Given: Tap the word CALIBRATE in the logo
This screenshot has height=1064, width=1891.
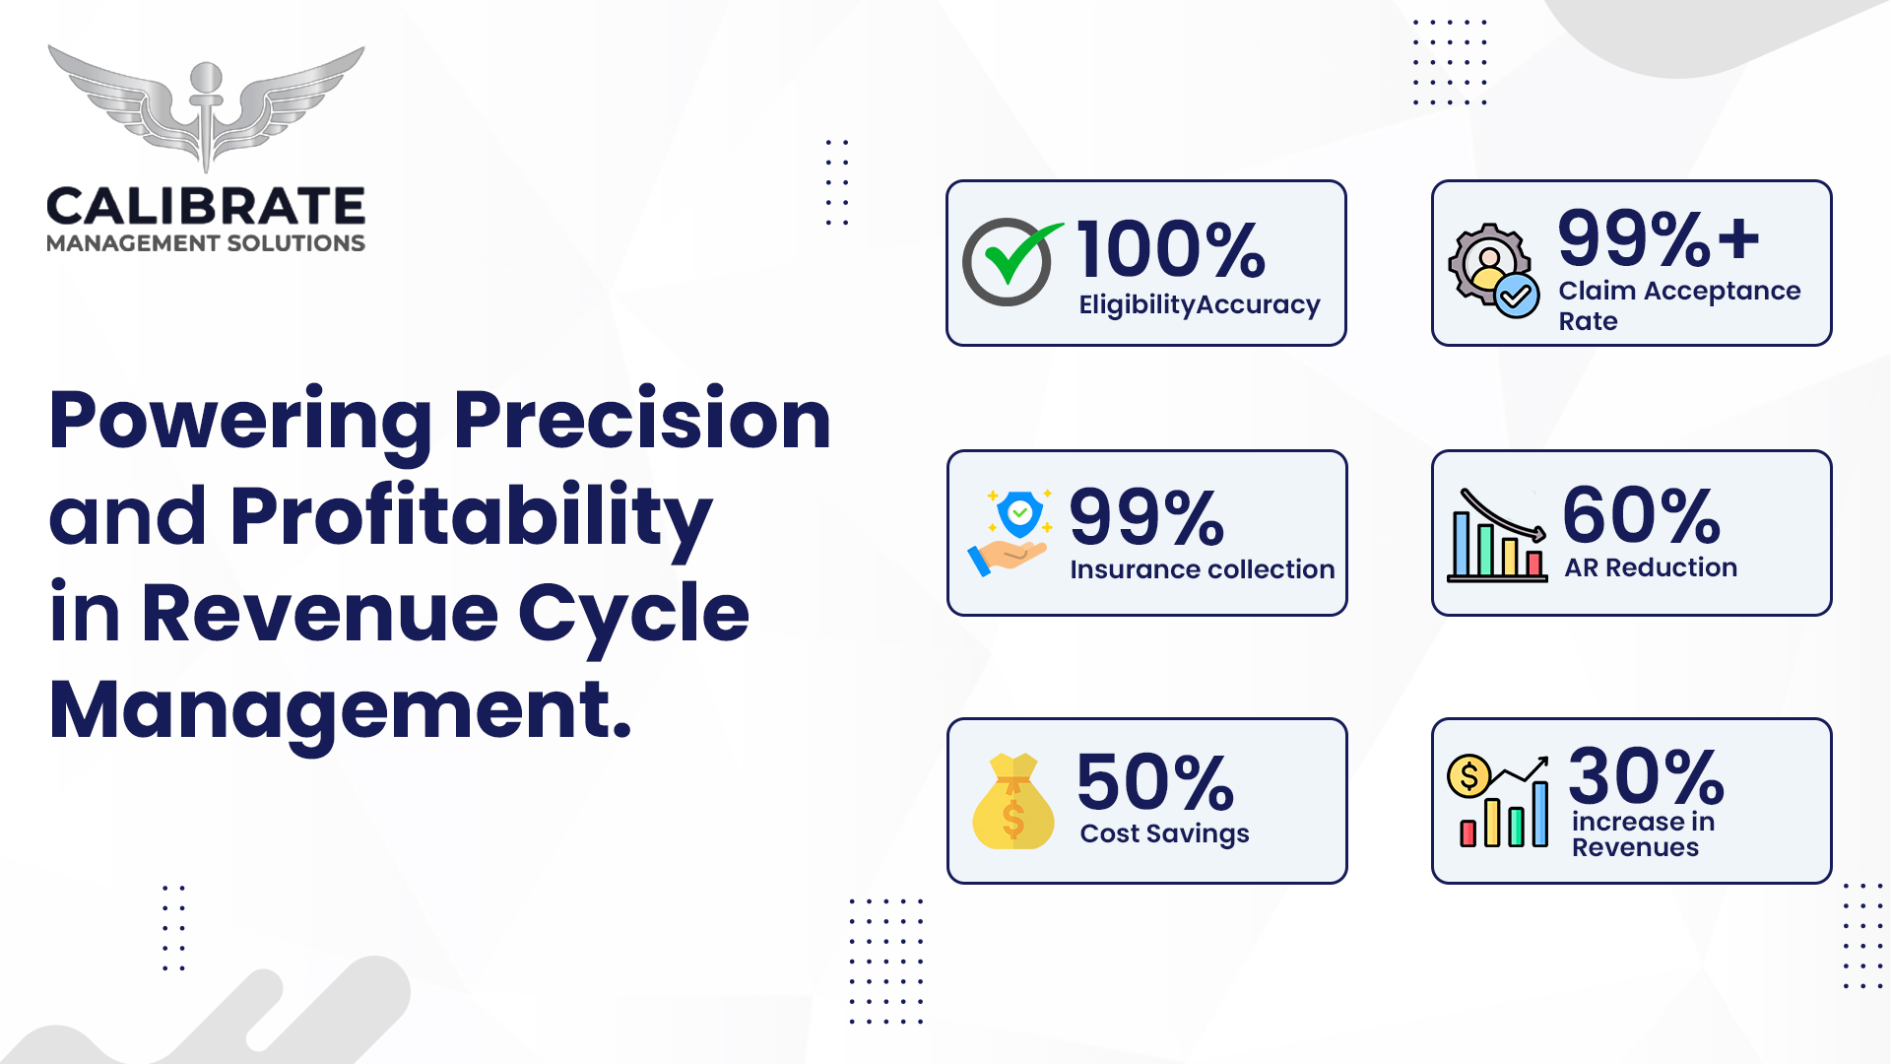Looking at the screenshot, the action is point(206,207).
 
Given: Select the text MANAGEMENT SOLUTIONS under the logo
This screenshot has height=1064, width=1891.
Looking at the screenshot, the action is point(206,243).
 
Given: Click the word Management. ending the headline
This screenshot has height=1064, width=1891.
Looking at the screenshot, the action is point(340,710).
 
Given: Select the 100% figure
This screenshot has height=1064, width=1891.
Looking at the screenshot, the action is point(1171,250).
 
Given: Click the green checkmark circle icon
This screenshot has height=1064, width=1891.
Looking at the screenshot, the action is point(1011,261).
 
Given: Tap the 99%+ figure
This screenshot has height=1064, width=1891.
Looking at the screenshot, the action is point(1659,238).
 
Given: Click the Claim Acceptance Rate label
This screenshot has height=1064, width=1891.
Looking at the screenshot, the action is point(1679,305).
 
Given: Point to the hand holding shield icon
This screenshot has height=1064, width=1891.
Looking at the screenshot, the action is point(1010,532).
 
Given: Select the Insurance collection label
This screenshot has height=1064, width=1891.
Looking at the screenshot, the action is point(1202,569).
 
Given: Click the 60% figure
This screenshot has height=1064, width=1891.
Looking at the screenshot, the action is point(1642,515).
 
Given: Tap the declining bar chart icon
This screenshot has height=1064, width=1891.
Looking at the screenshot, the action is point(1497,535).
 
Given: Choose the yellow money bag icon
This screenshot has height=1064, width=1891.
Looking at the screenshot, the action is point(1012,801).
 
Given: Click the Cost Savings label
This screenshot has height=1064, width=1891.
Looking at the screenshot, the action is point(1164,833).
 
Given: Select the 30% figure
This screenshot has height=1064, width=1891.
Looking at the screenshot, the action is point(1646,776).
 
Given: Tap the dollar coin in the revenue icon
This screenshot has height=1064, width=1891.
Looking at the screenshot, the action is point(1468,776).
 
